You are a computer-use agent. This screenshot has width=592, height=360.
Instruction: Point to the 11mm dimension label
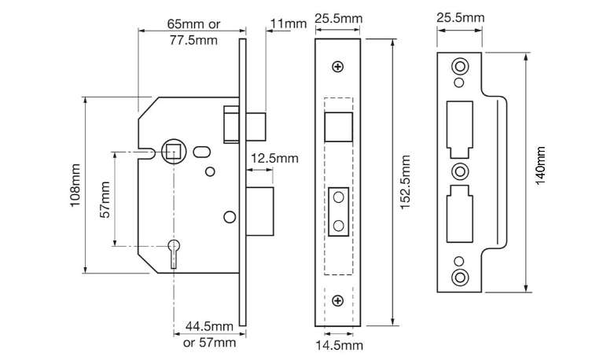pos(287,24)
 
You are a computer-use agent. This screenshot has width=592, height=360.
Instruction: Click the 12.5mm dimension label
pos(274,158)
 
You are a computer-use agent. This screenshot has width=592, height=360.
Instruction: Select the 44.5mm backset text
pos(209,326)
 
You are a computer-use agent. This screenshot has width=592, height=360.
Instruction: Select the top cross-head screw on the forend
pos(338,67)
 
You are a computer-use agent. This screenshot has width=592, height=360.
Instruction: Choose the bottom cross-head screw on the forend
pos(338,300)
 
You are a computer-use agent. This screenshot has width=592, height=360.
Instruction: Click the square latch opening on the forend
pos(338,125)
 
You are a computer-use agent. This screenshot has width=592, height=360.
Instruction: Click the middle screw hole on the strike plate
pos(459,171)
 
